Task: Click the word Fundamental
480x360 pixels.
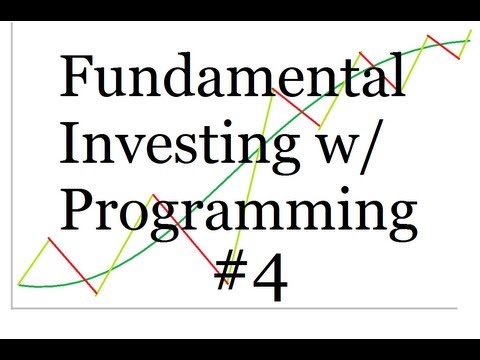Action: coord(233,77)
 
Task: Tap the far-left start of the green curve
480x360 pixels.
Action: coord(21,281)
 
